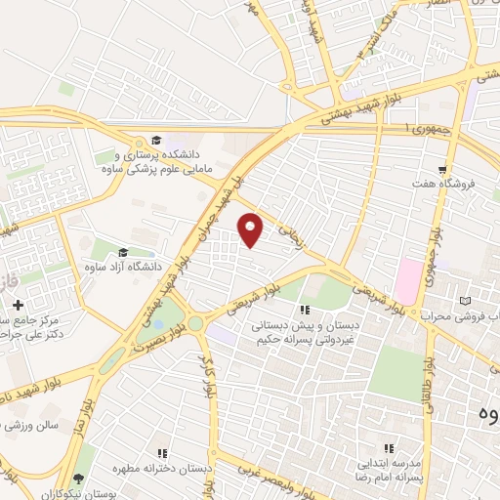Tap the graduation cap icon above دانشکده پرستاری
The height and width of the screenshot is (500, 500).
[155, 140]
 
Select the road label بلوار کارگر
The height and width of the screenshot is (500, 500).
[208, 377]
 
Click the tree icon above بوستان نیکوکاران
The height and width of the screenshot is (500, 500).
[79, 479]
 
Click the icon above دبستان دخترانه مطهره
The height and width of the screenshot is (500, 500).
[162, 453]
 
